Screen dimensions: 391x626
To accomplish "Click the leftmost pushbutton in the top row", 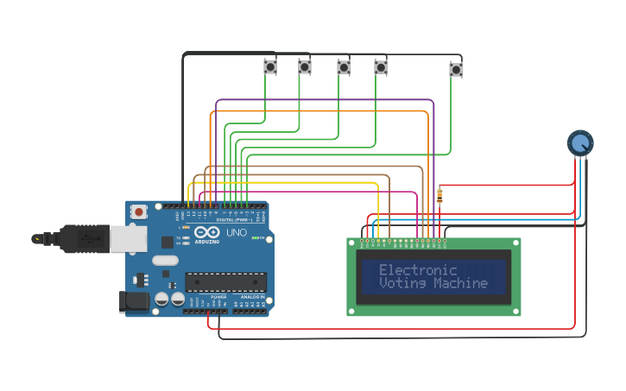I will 269,66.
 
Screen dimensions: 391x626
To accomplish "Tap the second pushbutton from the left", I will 304,66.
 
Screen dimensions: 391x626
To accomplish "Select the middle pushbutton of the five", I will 344,66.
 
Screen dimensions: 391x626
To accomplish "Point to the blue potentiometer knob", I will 580,142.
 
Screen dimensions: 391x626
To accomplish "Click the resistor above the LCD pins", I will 440,196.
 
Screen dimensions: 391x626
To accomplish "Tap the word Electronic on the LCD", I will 418,270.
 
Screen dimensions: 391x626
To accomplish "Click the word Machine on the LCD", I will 460,283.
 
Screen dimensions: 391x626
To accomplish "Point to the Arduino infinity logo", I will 207,232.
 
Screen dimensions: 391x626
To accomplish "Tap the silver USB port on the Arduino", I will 129,239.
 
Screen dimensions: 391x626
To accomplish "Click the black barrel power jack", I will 133,301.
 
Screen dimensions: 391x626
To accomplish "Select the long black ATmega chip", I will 225,281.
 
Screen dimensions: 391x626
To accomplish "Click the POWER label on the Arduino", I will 218,297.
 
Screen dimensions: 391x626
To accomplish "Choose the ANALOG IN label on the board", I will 251,297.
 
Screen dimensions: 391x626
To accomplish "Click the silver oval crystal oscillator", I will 165,260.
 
